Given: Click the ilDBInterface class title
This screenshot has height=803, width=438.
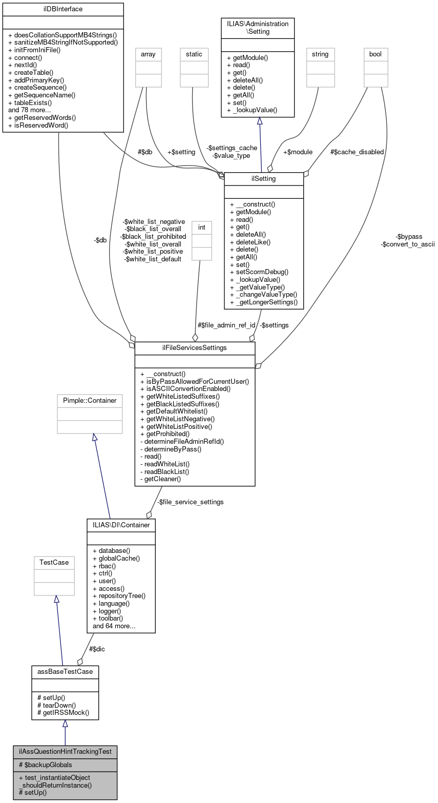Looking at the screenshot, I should pyautogui.click(x=63, y=9).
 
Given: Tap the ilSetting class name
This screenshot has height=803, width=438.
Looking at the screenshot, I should pyautogui.click(x=264, y=178).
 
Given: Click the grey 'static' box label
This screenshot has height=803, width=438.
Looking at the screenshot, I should pyautogui.click(x=194, y=54).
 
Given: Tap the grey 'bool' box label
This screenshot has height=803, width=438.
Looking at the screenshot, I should pyautogui.click(x=376, y=54).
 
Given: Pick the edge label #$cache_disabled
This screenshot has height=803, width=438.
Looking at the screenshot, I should pyautogui.click(x=357, y=152).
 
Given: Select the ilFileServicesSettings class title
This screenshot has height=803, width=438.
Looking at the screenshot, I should pyautogui.click(x=195, y=348).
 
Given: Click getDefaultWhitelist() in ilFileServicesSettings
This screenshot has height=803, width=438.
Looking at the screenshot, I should pyautogui.click(x=176, y=411).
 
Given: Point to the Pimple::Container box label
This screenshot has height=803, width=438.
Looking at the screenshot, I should pyautogui.click(x=90, y=400).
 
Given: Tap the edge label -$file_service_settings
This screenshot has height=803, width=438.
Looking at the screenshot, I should pyautogui.click(x=190, y=502).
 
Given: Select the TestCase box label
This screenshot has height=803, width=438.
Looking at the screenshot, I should pyautogui.click(x=54, y=562).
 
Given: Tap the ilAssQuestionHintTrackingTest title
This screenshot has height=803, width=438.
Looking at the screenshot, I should pyautogui.click(x=65, y=751).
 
